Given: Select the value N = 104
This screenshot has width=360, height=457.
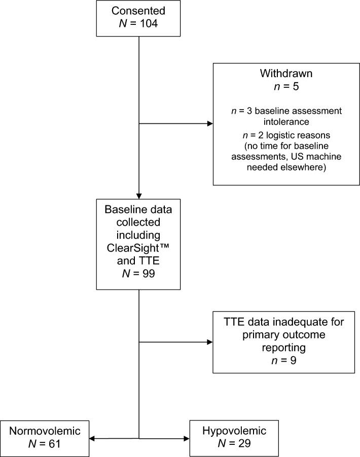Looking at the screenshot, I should tap(139, 24).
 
